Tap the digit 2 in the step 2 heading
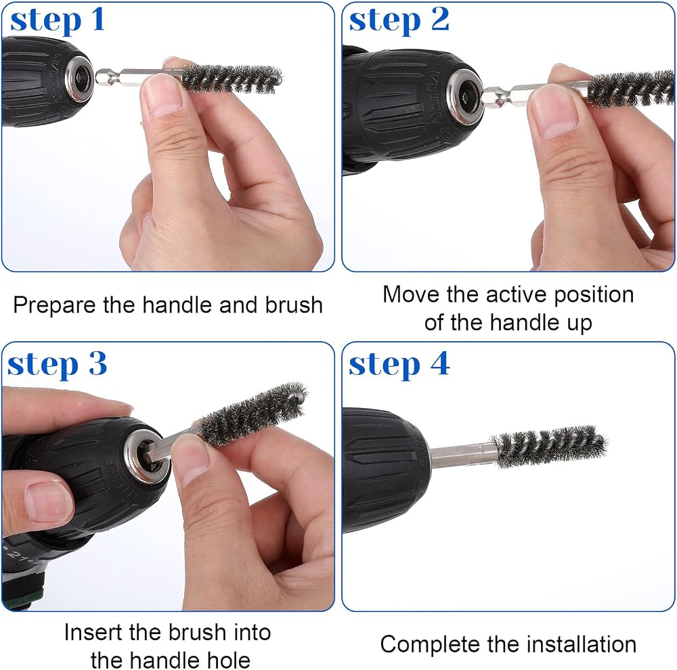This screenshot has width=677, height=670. (x=440, y=20)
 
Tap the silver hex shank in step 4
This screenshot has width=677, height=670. (x=462, y=457)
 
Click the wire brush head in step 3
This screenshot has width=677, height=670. (x=252, y=413)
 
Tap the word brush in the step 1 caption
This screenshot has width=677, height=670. (x=294, y=305)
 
